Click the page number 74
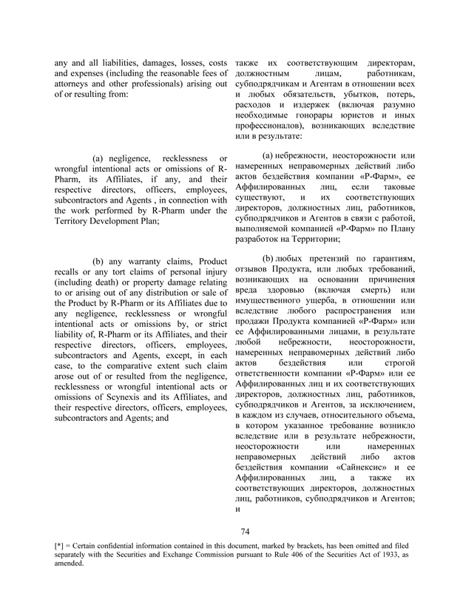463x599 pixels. coord(247,531)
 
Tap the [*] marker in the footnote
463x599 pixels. coord(61,546)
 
